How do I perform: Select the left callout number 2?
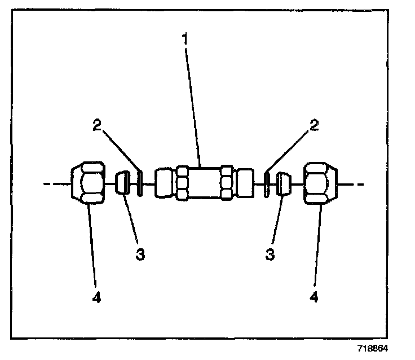coord(97,125)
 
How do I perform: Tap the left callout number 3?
coord(140,254)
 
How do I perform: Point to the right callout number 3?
coord(270,254)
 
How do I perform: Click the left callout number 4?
coord(96,298)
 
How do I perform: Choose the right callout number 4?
coord(314,298)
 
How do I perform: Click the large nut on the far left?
coord(88,182)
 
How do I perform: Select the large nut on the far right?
coord(321,182)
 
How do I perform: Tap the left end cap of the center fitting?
coord(164,182)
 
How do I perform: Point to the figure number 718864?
coord(371,349)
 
